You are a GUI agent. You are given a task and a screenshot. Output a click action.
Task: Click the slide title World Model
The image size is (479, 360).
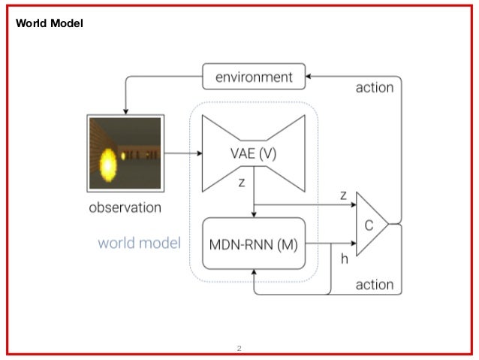(50, 24)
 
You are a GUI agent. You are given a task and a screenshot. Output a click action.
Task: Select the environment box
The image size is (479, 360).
(254, 77)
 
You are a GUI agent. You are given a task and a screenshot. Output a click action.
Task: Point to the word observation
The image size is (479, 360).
(125, 207)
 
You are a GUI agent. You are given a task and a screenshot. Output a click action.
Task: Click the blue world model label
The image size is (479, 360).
(139, 244)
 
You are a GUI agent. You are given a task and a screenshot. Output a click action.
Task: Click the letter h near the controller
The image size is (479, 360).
(345, 259)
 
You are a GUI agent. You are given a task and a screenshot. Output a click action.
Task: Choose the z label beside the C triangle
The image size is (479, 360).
(343, 195)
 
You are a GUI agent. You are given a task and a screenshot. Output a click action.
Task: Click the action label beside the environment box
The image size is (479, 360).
(374, 88)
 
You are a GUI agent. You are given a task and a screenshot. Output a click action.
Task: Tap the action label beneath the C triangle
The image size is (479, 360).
(374, 285)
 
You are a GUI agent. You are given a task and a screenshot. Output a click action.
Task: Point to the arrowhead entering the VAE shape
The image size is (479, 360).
(200, 154)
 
